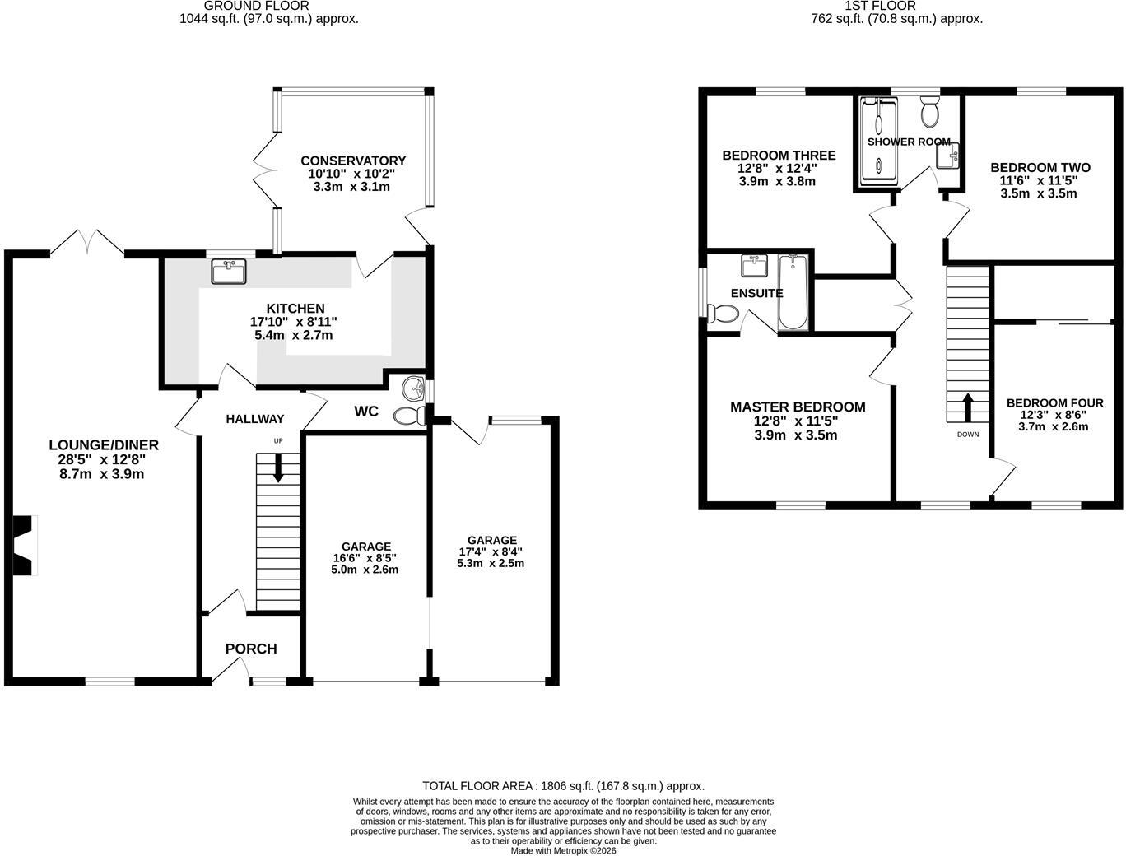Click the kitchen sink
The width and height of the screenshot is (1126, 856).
coord(229,272)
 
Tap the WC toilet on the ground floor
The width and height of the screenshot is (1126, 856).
coord(409,415)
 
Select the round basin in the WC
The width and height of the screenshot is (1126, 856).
coord(413,389)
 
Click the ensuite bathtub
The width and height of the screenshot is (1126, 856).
coord(793,292)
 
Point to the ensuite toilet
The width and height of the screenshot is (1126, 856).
coord(723,314)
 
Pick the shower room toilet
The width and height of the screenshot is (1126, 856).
coord(930,112)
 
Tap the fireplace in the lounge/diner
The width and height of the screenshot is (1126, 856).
coord(25,545)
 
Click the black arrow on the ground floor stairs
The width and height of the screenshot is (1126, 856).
coord(278,468)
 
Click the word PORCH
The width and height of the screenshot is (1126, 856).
coord(251,649)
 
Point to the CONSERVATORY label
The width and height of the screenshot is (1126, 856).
coord(353,160)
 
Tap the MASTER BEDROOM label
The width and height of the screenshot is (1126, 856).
coord(798,407)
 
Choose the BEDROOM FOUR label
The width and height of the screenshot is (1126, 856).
coord(1054,403)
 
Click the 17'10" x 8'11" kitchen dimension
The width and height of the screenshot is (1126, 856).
coord(293,322)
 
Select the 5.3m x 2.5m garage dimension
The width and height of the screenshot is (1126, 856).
coord(491,563)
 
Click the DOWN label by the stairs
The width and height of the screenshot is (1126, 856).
coord(968,435)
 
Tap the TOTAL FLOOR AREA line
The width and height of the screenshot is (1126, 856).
coord(563,786)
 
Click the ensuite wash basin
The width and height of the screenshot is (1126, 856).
coord(755,266)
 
